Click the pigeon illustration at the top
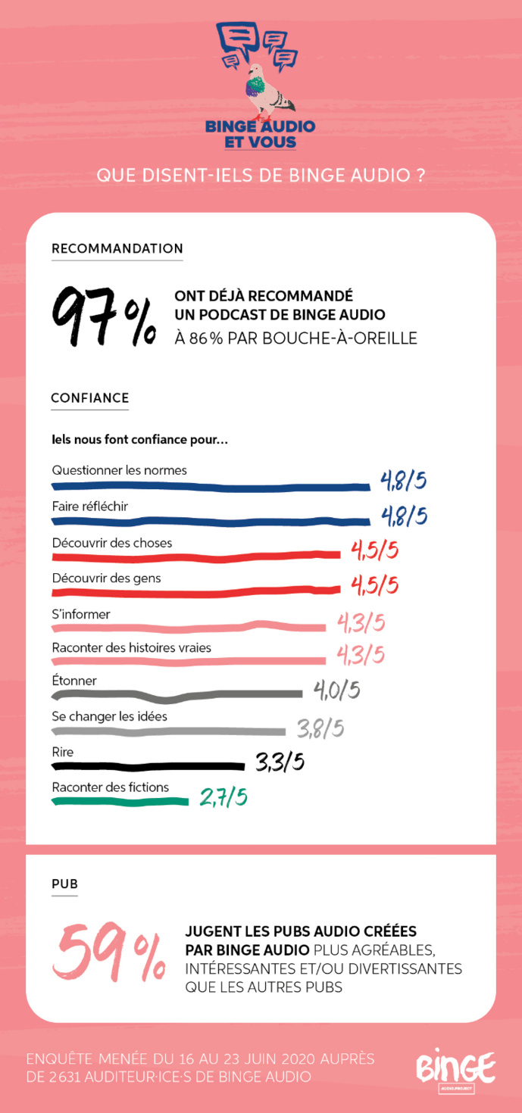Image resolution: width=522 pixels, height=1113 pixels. pyautogui.click(x=267, y=92)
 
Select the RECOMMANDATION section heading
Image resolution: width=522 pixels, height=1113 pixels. pyautogui.click(x=117, y=248)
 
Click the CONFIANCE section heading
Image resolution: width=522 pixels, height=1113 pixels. pyautogui.click(x=89, y=398)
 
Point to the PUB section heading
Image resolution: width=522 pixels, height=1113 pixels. pyautogui.click(x=64, y=884)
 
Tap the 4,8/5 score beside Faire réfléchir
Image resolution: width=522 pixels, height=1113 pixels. pyautogui.click(x=403, y=516)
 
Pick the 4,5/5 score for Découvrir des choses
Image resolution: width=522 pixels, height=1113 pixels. pyautogui.click(x=374, y=550)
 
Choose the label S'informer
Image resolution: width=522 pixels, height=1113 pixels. pyautogui.click(x=81, y=614)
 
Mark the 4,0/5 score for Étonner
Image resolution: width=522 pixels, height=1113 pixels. pyautogui.click(x=336, y=691)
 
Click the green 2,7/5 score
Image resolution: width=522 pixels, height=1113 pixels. pyautogui.click(x=223, y=797)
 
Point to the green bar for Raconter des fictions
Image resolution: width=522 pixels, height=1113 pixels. pyautogui.click(x=120, y=801)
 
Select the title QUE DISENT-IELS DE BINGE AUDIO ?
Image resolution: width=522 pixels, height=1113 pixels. pyautogui.click(x=261, y=175)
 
